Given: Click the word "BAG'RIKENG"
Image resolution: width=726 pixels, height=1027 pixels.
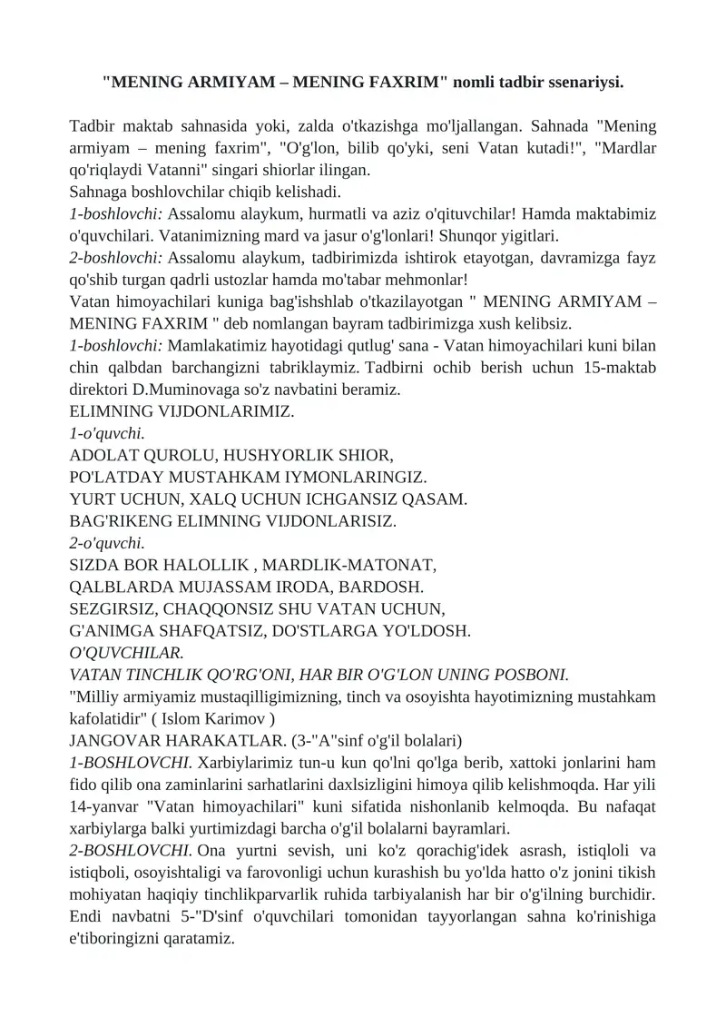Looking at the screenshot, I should coord(118,520).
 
